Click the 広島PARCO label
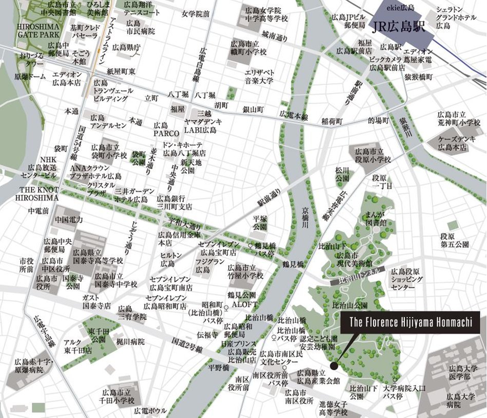coord(162,129)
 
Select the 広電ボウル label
coord(150,411)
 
